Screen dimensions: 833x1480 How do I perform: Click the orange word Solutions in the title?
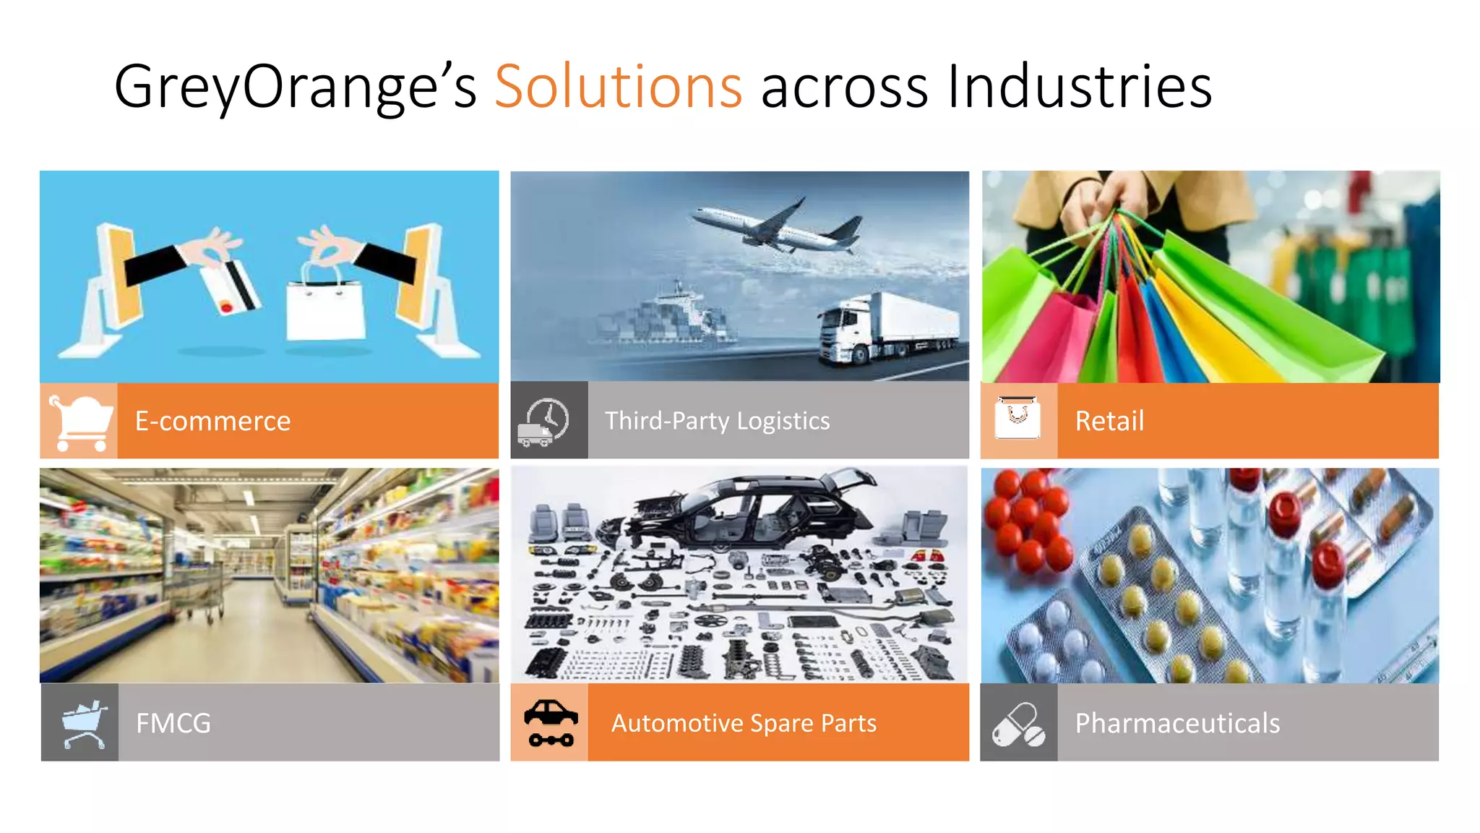(x=618, y=87)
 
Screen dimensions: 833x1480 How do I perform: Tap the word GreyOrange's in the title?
(x=295, y=87)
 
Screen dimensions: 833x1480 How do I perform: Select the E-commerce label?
(x=212, y=421)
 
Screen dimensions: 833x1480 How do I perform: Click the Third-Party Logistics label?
(x=717, y=421)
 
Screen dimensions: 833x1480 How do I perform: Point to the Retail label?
(x=1109, y=421)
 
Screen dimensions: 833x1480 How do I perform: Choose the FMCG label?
(x=173, y=723)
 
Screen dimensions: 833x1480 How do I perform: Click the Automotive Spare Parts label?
(x=744, y=723)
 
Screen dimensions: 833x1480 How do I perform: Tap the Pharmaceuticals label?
(x=1177, y=723)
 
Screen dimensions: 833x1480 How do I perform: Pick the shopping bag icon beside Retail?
(x=1017, y=418)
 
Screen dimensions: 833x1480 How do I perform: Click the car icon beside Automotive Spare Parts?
(x=551, y=722)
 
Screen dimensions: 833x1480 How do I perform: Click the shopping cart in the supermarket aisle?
(x=202, y=593)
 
